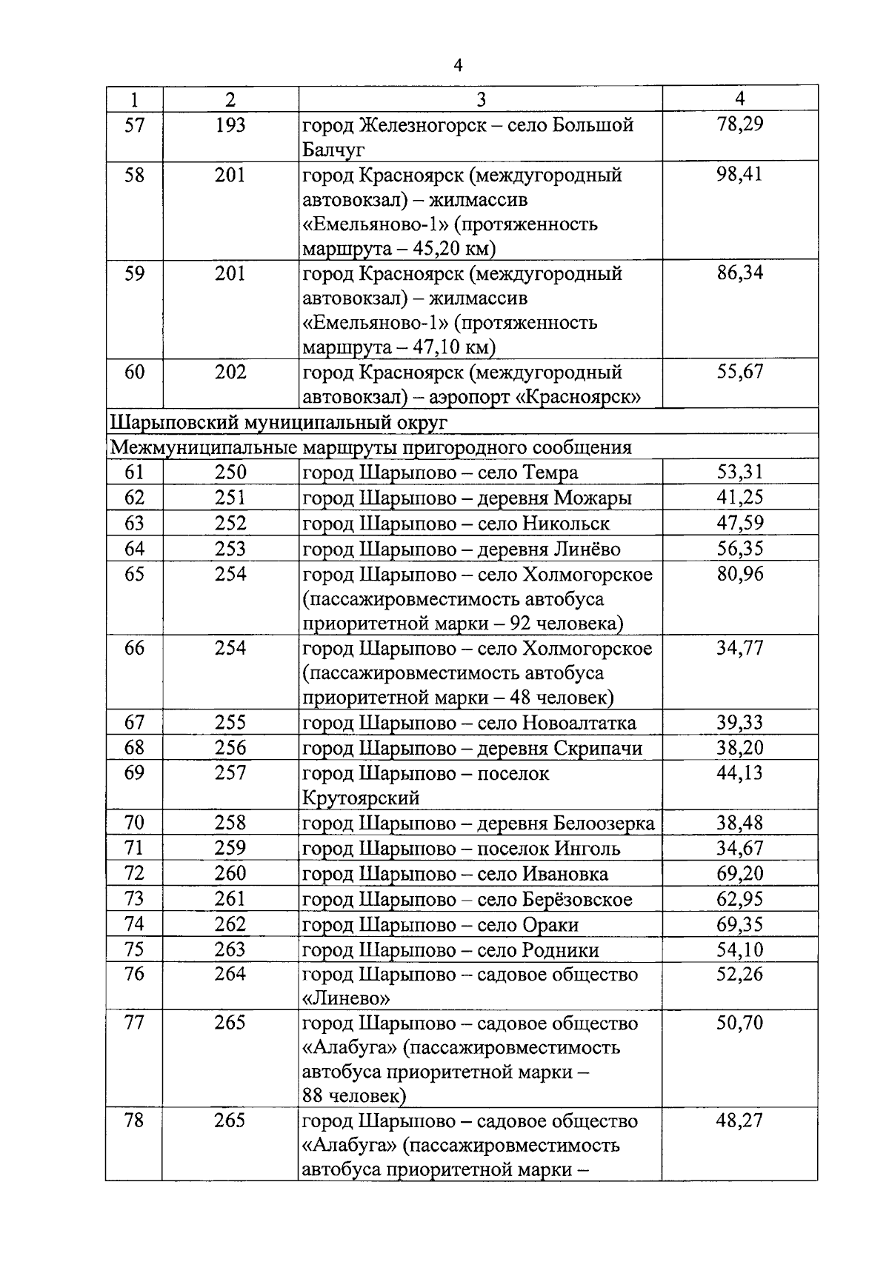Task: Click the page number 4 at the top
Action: pos(458,66)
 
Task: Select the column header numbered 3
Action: pos(481,99)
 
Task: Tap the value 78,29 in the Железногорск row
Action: pos(739,124)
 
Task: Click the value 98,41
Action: pos(739,174)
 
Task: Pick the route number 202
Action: pos(230,372)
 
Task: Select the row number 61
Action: pos(134,472)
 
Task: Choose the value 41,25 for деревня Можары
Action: pos(739,498)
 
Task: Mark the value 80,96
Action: pos(739,574)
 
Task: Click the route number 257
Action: pos(230,772)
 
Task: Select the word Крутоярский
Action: pos(361,798)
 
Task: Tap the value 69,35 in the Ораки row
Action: pos(739,924)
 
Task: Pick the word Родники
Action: pos(561,949)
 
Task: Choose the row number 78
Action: pos(134,1121)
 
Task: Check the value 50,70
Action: pos(739,1023)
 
